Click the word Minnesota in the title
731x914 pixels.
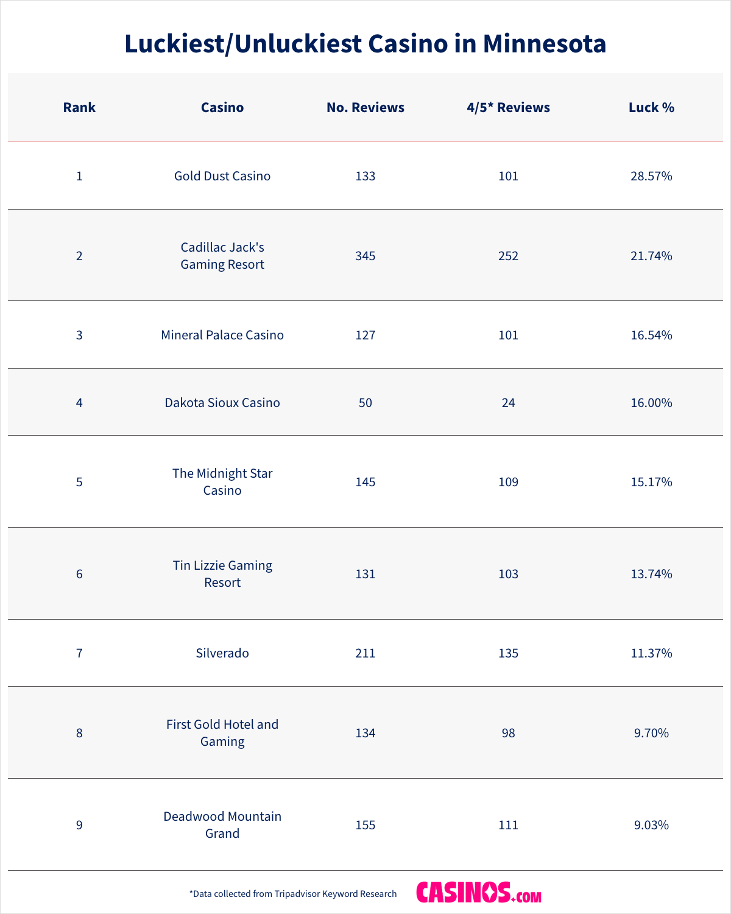pyautogui.click(x=545, y=44)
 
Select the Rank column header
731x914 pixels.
pyautogui.click(x=79, y=108)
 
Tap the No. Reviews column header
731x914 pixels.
pyautogui.click(x=365, y=108)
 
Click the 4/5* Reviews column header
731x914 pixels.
pyautogui.click(x=508, y=108)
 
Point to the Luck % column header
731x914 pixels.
pyautogui.click(x=651, y=108)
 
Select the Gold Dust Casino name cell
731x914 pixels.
pyautogui.click(x=222, y=176)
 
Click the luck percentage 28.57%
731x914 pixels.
pyautogui.click(x=651, y=176)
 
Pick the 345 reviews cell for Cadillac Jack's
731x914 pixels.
pyautogui.click(x=365, y=256)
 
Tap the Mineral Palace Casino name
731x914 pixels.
pyautogui.click(x=222, y=335)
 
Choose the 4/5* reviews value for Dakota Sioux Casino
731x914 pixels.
pyautogui.click(x=508, y=403)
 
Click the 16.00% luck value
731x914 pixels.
pyautogui.click(x=651, y=403)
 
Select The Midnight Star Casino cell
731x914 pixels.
pyautogui.click(x=222, y=482)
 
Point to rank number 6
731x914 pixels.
pyautogui.click(x=79, y=574)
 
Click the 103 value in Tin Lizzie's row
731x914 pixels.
pyautogui.click(x=508, y=574)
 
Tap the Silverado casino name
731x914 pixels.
pyautogui.click(x=222, y=653)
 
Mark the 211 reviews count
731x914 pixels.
pyautogui.click(x=365, y=653)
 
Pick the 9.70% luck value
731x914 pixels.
pyautogui.click(x=651, y=733)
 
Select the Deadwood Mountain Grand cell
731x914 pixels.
pyautogui.click(x=222, y=825)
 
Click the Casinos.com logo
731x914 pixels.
pyautogui.click(x=479, y=893)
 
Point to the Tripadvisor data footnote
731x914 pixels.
pyautogui.click(x=293, y=894)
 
